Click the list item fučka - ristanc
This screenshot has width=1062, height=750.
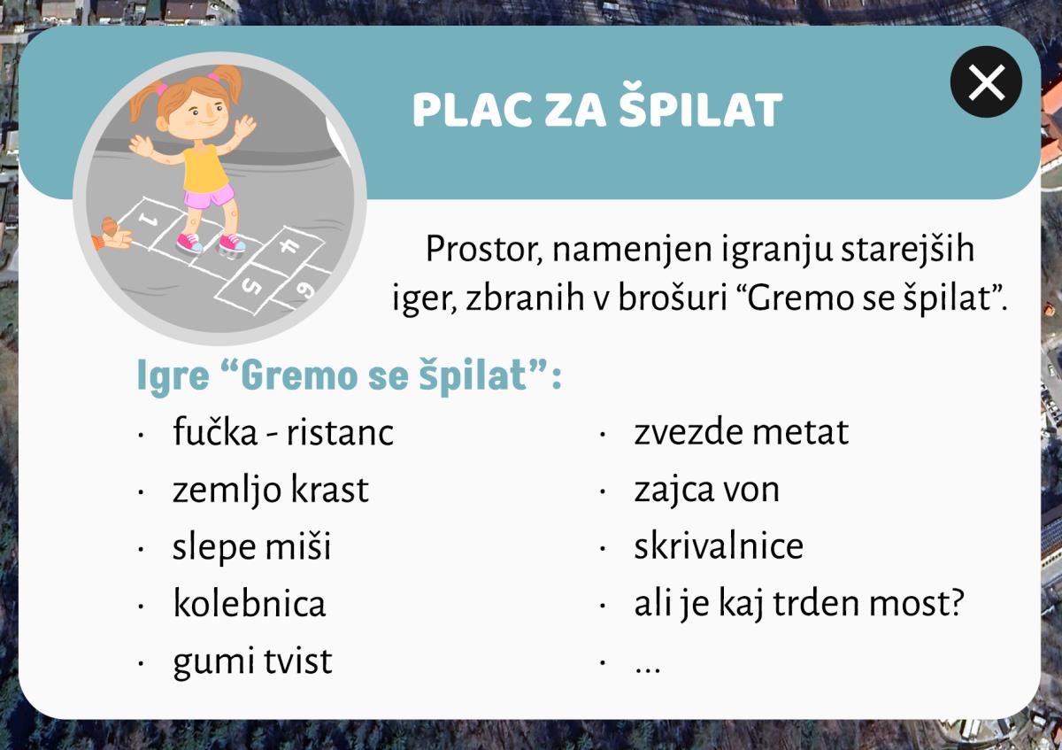tap(283, 432)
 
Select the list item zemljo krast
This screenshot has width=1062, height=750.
tap(270, 489)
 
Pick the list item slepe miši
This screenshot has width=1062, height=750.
tap(251, 546)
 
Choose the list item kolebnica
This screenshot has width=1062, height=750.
tap(250, 603)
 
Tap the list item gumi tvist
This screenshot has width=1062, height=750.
tap(252, 661)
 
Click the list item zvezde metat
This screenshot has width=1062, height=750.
tap(741, 432)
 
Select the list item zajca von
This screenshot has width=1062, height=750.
tap(707, 490)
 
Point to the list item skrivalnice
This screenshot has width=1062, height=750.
tap(719, 545)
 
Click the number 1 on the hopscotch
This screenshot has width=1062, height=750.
tap(149, 220)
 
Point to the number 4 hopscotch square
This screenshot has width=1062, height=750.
tap(289, 246)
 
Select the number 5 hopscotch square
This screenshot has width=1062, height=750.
tap(250, 287)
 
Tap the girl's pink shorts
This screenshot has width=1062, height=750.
tap(209, 196)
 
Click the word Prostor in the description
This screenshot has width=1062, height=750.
tap(483, 249)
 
